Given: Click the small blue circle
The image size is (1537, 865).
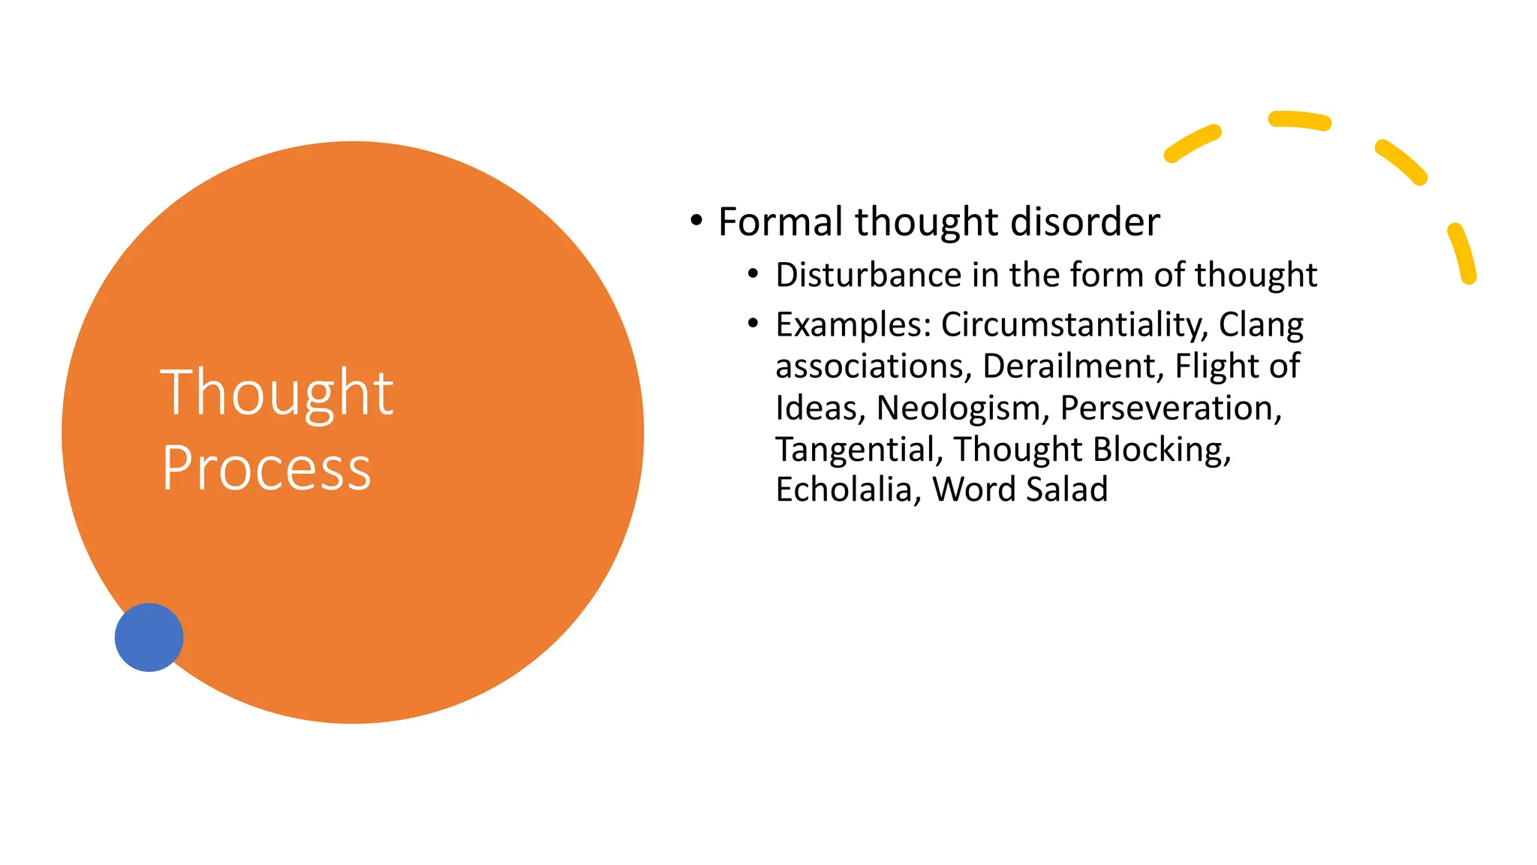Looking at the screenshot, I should tap(149, 637).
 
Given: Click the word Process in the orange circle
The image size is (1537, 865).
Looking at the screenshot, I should tap(266, 469).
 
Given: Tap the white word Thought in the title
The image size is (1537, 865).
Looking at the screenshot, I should tap(276, 392).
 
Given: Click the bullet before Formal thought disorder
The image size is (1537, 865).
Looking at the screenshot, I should tap(696, 221).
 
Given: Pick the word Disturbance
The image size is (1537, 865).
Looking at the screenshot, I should tap(868, 275).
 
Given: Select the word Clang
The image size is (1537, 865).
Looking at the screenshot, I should tap(1261, 325).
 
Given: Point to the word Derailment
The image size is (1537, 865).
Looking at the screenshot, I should tap(1072, 366).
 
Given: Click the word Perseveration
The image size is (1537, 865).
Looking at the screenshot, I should tap(1170, 408).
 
